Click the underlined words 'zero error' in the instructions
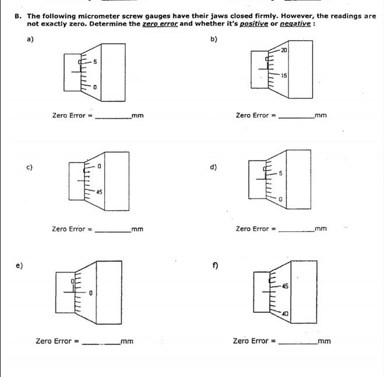click(159, 24)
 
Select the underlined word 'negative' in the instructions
click(295, 24)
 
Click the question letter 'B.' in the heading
click(19, 16)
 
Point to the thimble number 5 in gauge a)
click(95, 62)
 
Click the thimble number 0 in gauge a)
click(94, 87)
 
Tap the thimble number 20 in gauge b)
click(284, 51)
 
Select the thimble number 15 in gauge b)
click(284, 76)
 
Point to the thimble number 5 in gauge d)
click(280, 174)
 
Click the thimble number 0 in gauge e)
click(91, 293)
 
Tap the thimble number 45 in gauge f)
click(284, 287)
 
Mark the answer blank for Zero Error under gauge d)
click(296, 230)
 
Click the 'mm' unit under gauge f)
click(325, 341)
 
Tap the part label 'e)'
click(19, 266)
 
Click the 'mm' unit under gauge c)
click(138, 230)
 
